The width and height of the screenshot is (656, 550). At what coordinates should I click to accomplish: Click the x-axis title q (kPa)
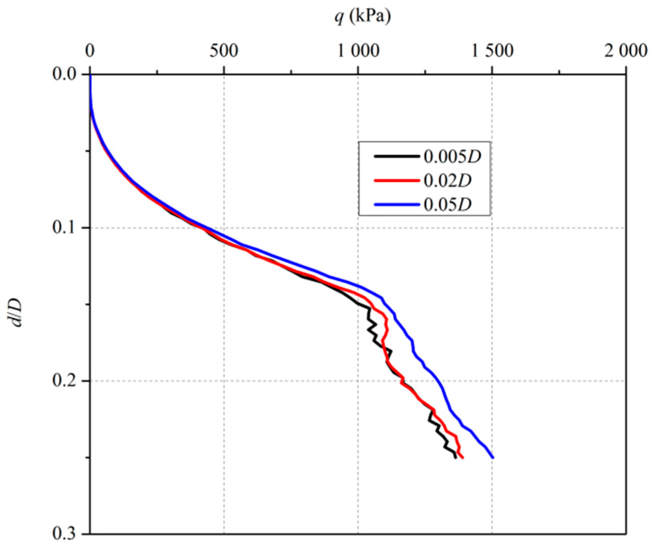363,17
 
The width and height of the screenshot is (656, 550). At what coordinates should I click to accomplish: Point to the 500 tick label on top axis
224,51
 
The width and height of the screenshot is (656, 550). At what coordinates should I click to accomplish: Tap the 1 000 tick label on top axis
358,51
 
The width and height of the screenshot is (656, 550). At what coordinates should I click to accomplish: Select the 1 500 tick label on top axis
492,51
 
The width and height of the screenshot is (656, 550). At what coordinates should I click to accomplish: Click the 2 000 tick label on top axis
626,51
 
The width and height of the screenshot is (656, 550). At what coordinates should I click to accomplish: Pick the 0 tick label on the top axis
90,51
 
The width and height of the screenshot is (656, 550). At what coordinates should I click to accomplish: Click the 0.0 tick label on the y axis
64,74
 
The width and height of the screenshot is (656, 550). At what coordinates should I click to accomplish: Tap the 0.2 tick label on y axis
64,381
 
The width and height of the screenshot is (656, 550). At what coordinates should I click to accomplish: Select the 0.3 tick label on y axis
64,534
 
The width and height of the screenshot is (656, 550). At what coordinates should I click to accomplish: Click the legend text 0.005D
452,157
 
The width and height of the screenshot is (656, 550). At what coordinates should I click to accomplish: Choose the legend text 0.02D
448,181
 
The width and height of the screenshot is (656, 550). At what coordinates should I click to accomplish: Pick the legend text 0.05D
448,205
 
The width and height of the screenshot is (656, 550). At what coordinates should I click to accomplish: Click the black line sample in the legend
397,157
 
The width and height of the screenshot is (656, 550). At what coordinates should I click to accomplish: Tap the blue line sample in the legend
397,205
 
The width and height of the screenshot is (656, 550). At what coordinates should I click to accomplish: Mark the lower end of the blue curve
493,457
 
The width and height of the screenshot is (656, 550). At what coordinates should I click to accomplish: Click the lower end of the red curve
463,458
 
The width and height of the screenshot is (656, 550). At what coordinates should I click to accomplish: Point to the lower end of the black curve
456,457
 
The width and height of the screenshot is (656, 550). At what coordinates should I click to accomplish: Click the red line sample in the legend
397,181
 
